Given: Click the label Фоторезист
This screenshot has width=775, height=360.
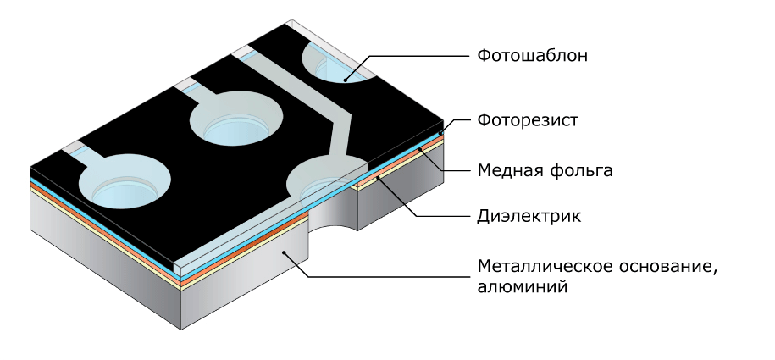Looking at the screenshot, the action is coord(528,120).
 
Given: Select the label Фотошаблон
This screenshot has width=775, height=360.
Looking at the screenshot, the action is coord(532,55).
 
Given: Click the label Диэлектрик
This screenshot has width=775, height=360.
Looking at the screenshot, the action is coord(529,216).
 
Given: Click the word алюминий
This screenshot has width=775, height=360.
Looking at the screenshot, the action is coord(522,287).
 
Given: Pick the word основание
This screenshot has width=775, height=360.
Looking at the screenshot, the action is coord(667,266).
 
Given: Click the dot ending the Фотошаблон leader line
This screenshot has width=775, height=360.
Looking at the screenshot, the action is coord(346,79).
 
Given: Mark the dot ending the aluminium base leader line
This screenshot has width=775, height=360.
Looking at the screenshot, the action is coord(285,252).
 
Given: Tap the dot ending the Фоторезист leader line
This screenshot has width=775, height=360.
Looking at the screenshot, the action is coord(440,134).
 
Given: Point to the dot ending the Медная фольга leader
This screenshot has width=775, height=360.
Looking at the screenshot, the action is coord(421,149).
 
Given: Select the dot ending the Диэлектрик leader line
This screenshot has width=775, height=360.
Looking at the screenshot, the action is coord(378,175).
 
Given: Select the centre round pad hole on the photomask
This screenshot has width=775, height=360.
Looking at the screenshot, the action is coord(237,119).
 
